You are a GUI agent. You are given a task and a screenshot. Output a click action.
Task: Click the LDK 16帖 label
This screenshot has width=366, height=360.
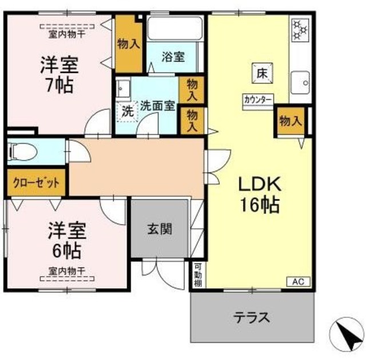(258, 194)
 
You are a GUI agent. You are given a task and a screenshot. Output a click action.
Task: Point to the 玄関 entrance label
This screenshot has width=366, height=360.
(160, 229)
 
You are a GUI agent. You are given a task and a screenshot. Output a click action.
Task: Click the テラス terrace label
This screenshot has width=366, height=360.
(251, 317)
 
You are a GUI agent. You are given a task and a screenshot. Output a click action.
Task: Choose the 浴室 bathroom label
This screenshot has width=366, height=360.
(173, 57)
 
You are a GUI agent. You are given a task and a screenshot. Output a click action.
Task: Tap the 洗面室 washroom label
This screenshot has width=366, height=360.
(157, 105)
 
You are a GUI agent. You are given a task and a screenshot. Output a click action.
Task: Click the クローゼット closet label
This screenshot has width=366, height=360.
(36, 183)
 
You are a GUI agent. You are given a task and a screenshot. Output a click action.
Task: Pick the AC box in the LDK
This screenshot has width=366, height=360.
(298, 281)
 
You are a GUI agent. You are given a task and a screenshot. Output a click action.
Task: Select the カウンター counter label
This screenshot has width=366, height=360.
(258, 98)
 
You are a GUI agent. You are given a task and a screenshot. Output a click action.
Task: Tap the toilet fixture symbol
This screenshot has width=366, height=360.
(21, 152)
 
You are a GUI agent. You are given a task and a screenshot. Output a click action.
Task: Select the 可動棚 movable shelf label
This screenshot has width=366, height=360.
(197, 274)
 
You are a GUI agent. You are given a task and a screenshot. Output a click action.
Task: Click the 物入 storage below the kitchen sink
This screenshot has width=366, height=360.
(290, 121)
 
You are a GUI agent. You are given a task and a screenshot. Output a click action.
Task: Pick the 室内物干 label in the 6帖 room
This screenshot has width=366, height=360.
(67, 271)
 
